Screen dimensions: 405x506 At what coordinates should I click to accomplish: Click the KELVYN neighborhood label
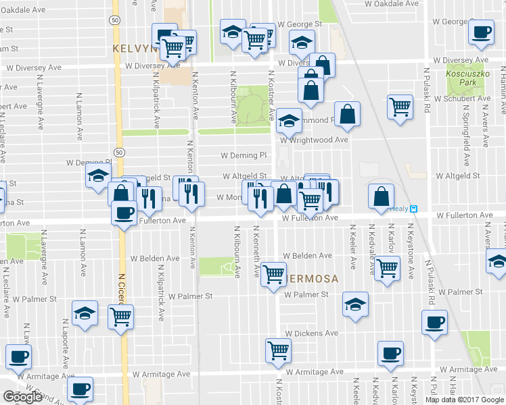(134, 49)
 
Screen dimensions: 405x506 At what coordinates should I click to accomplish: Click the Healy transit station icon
(415, 209)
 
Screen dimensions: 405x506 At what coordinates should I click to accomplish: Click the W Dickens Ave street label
(311, 333)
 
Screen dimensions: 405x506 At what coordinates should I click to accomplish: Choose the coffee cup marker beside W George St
(481, 32)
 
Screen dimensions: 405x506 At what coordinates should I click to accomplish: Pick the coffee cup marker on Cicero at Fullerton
(123, 213)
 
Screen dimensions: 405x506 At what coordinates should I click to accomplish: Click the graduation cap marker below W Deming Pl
(98, 175)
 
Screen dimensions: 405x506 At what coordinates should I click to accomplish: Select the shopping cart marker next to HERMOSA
(273, 274)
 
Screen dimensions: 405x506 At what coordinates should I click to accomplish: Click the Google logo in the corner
(22, 398)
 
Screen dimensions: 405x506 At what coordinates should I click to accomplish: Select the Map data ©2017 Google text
(463, 400)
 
